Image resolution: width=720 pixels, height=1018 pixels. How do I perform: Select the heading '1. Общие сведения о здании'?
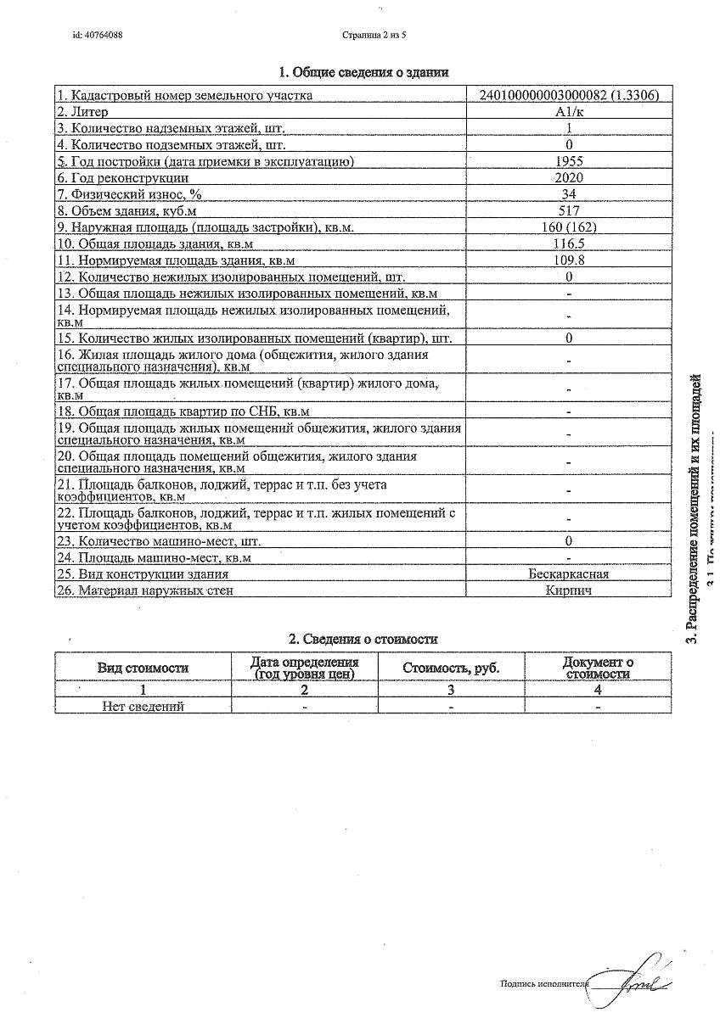[x=364, y=73]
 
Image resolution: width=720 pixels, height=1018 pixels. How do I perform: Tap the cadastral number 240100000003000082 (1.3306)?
[x=568, y=95]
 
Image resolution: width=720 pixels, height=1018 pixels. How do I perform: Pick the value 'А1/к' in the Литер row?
[x=568, y=112]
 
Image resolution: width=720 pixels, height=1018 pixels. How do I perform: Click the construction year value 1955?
[x=568, y=161]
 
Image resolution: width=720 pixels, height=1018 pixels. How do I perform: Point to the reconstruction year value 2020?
[x=568, y=177]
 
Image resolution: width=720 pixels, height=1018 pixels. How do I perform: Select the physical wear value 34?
[x=568, y=194]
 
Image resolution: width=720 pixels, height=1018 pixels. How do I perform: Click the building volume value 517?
[x=568, y=210]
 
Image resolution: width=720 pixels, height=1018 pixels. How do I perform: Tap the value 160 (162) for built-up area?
[x=568, y=227]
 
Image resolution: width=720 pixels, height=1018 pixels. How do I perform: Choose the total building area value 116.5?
[x=568, y=243]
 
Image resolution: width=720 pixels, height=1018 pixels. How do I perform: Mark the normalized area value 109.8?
[x=568, y=260]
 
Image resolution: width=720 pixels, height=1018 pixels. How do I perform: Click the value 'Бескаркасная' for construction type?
[x=568, y=574]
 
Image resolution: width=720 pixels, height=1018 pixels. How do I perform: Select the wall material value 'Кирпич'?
[x=568, y=590]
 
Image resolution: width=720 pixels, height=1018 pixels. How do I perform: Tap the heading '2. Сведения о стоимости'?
[x=364, y=639]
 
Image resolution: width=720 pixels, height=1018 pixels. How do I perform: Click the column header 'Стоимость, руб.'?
[x=451, y=668]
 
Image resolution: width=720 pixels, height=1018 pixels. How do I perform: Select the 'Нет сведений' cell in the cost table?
[x=143, y=706]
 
